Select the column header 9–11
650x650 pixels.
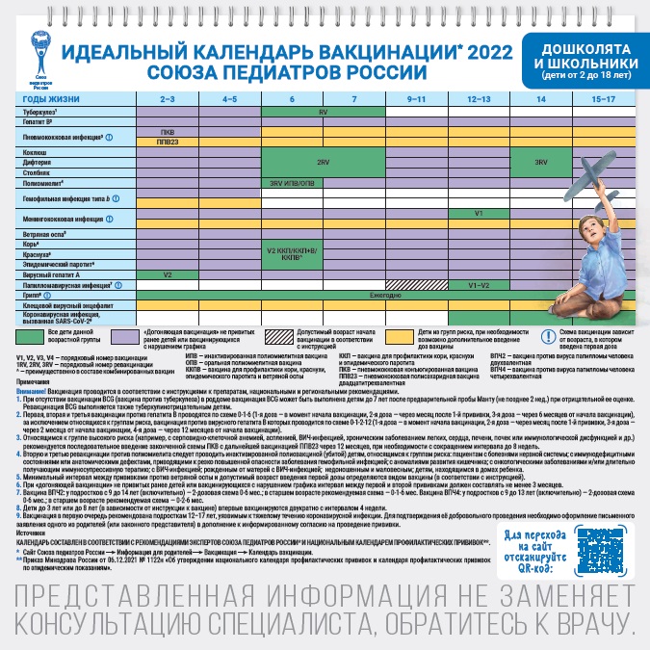417,99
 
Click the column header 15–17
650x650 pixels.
603,99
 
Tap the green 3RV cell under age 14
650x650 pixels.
541,163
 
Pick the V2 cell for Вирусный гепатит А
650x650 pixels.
167,274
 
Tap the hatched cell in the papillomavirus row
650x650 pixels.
417,285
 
